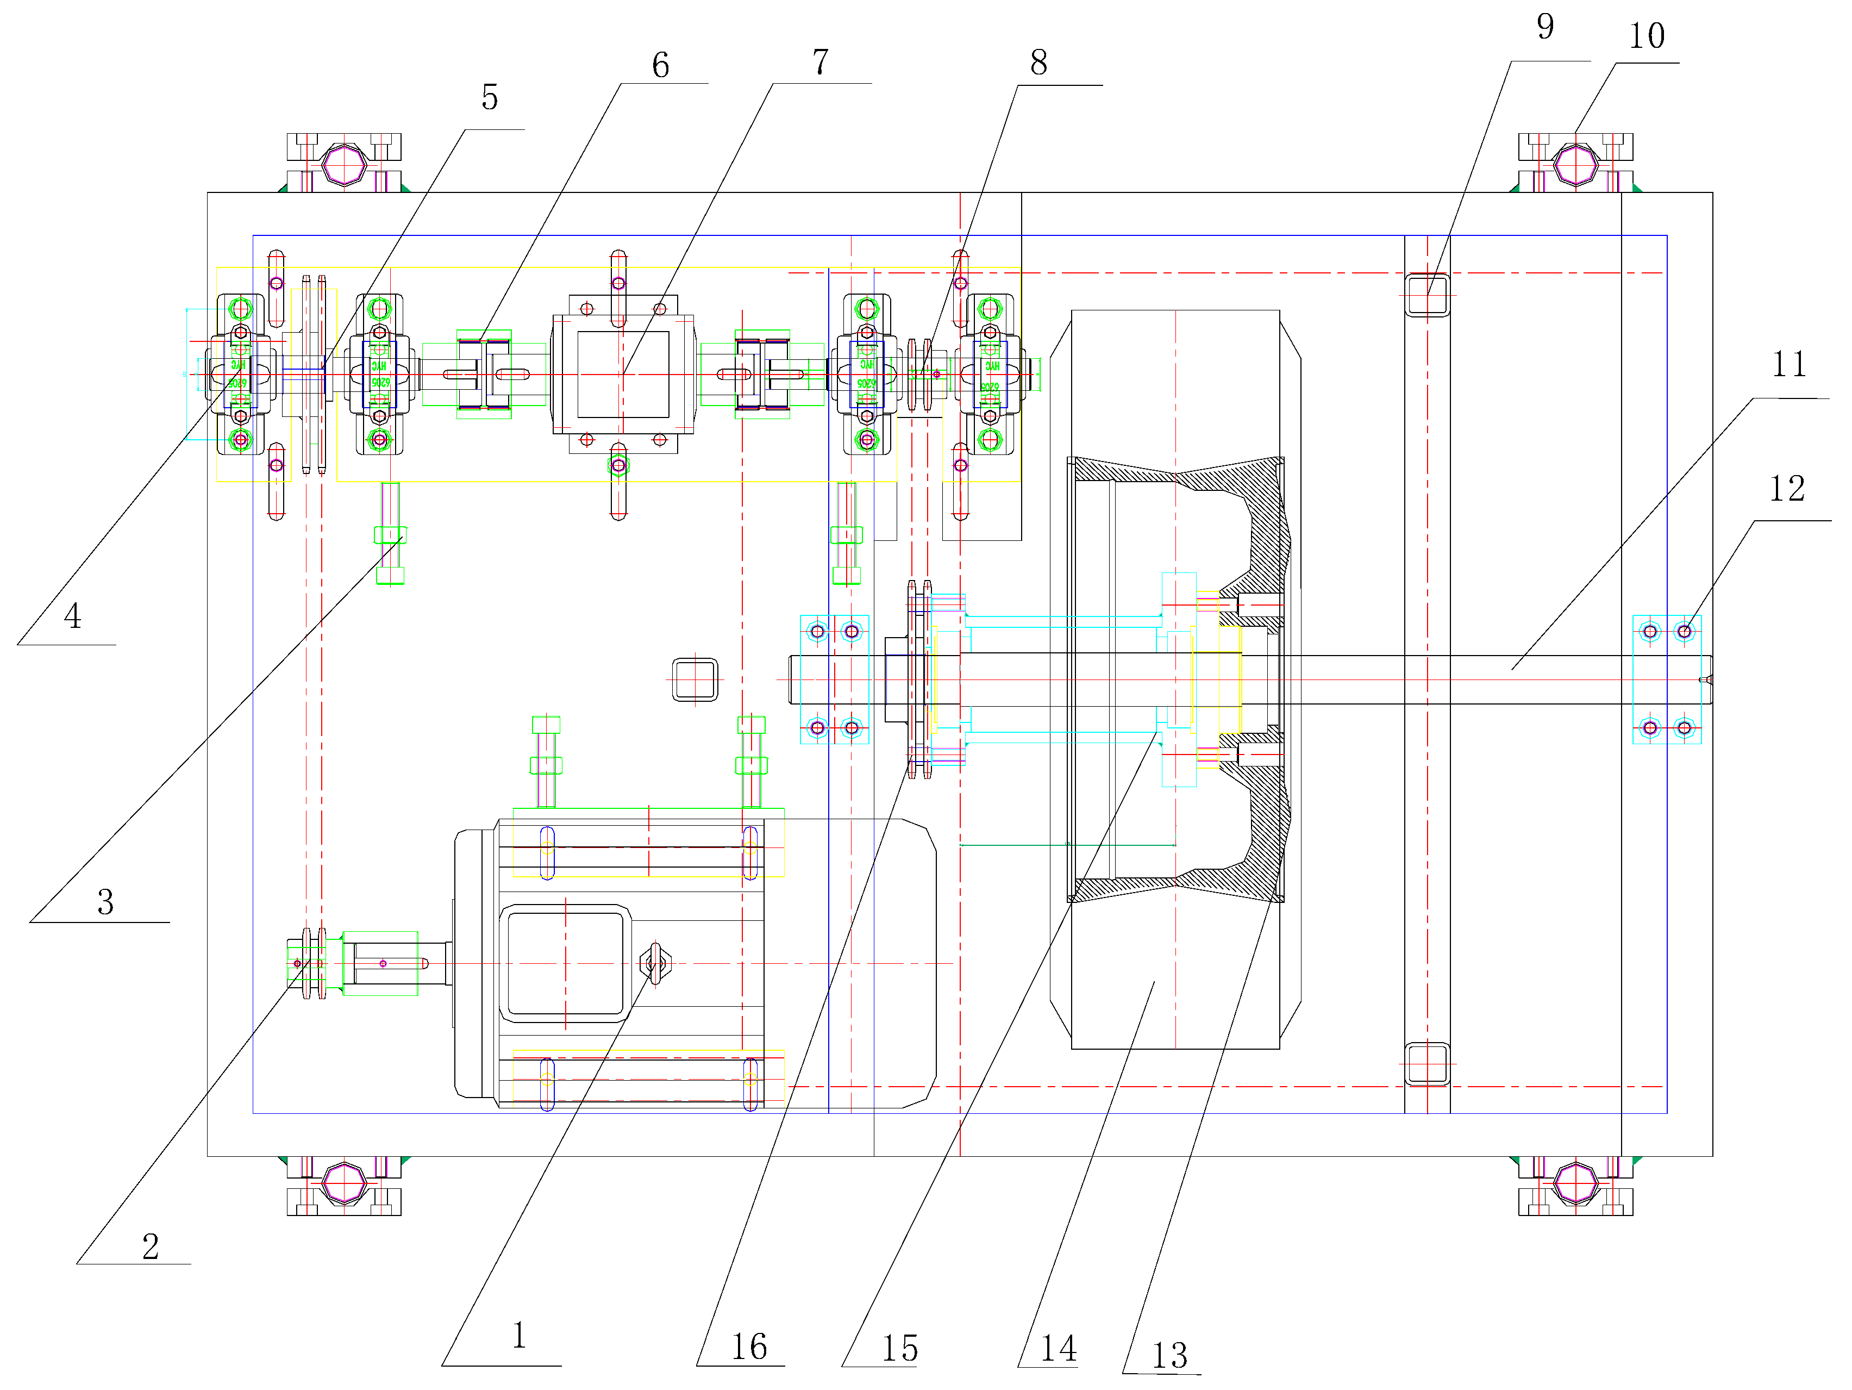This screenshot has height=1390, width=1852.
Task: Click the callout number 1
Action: [x=519, y=1335]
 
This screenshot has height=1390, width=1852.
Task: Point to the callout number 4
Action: [x=73, y=617]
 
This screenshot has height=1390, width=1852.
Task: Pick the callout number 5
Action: [x=490, y=98]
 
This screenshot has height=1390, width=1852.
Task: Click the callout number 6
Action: [x=661, y=65]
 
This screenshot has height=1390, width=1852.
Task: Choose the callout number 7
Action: [x=821, y=62]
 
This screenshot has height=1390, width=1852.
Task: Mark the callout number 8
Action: [x=1038, y=62]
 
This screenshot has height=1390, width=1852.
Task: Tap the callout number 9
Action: [x=1546, y=27]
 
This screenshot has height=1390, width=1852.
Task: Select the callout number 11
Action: [x=1789, y=364]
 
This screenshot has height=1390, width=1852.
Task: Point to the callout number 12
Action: [x=1787, y=489]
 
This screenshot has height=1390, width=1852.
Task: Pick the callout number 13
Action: [x=1169, y=1355]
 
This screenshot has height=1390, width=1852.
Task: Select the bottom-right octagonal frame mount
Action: [x=1576, y=1183]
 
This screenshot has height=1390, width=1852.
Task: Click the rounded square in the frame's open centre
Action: [x=695, y=679]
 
